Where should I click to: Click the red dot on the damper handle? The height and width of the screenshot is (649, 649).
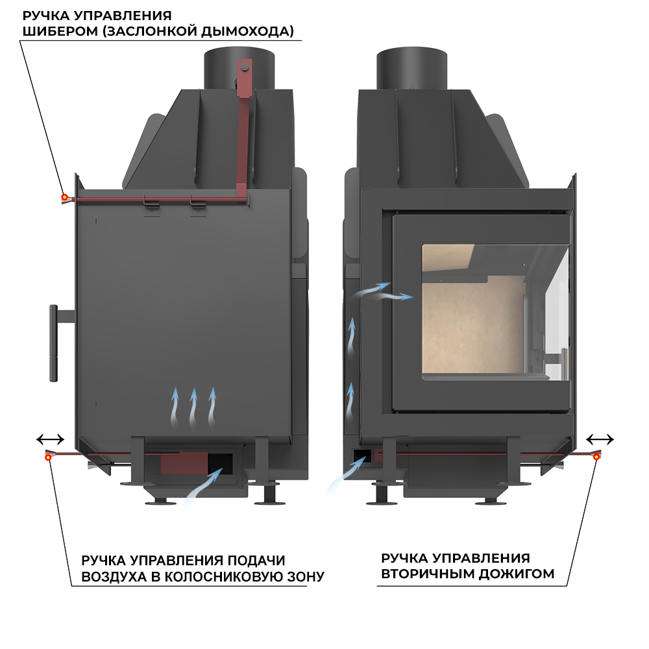64,197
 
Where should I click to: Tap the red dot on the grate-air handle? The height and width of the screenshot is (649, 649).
49,458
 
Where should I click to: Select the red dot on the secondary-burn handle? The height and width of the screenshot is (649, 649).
596,458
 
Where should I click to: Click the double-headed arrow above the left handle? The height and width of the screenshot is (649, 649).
50,439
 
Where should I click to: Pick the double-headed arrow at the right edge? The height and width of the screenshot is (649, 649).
601,439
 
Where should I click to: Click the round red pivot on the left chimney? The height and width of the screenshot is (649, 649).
245,65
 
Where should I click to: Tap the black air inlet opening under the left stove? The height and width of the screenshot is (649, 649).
221,462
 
